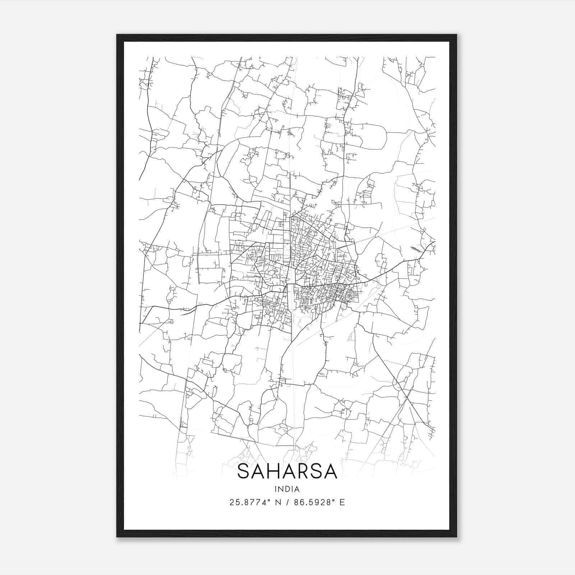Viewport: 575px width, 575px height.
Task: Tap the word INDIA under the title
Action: point(287,489)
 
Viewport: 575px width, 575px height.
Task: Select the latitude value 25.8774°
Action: point(249,502)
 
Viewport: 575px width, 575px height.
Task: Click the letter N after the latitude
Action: point(278,502)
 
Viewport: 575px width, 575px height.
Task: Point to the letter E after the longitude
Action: point(342,502)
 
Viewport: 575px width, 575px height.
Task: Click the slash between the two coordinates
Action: point(287,502)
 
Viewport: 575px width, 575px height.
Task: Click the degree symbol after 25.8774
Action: point(269,500)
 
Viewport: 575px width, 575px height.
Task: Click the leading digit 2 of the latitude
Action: point(231,502)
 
